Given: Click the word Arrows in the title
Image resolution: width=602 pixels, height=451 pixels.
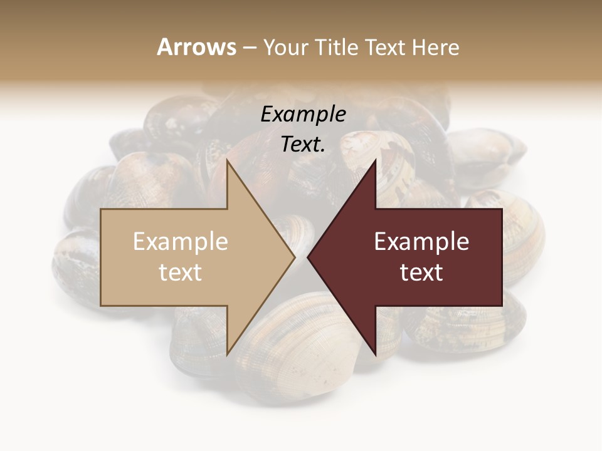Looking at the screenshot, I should (x=196, y=47).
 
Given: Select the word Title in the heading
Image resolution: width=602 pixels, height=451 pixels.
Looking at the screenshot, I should (x=337, y=48).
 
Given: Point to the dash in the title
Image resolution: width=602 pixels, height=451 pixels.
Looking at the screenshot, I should (x=250, y=48).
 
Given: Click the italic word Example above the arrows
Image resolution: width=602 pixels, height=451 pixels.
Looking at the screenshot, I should (x=303, y=115).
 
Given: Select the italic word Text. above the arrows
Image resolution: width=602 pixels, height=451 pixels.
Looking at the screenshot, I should (x=303, y=145).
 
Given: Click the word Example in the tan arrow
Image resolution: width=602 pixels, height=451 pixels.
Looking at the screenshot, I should (x=181, y=242).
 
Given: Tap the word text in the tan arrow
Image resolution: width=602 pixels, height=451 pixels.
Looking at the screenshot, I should (x=181, y=272).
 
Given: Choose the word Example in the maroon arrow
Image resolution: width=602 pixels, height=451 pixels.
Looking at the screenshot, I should (x=421, y=242).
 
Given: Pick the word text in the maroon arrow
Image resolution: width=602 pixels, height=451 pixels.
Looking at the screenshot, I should (x=421, y=272).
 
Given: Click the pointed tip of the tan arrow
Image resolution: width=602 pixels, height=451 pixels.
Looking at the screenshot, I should (x=295, y=257).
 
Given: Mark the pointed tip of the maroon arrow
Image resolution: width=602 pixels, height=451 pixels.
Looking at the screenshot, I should (x=308, y=257).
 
